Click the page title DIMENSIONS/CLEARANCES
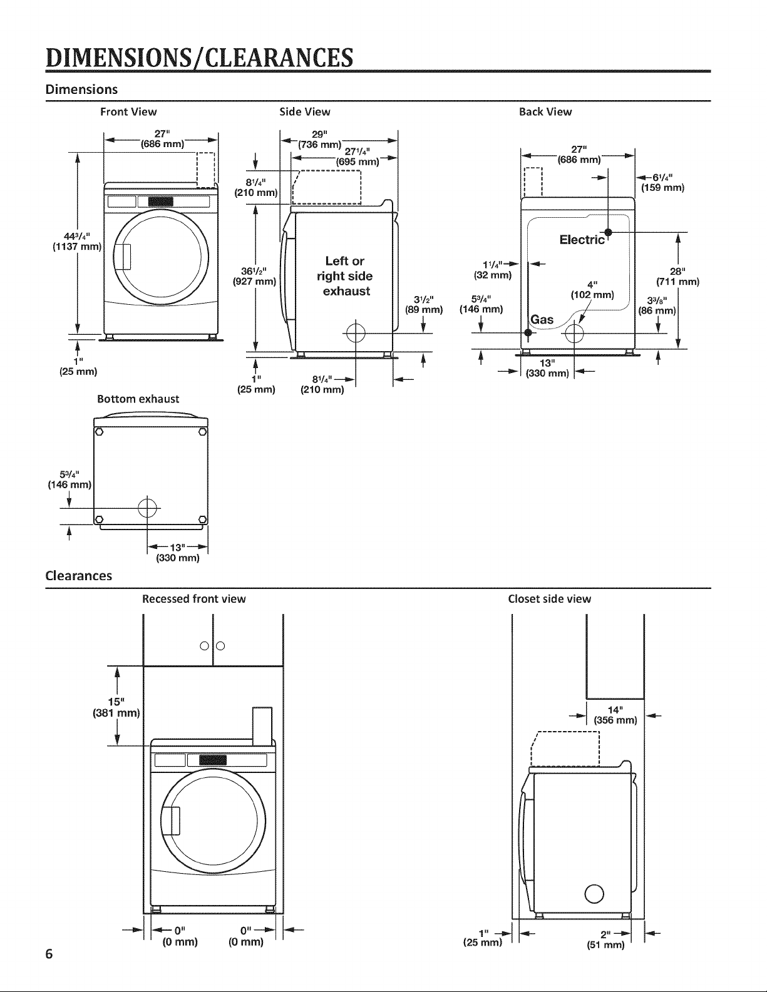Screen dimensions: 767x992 pyautogui.click(x=200, y=58)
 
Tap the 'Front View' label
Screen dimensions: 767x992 pyautogui.click(x=128, y=112)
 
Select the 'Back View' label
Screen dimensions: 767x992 pyautogui.click(x=545, y=112)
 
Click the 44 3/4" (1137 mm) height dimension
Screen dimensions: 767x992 pyautogui.click(x=76, y=242)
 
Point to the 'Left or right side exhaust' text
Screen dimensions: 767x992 pyautogui.click(x=345, y=276)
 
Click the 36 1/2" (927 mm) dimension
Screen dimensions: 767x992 pyautogui.click(x=254, y=276)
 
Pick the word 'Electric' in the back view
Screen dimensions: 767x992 pyautogui.click(x=582, y=240)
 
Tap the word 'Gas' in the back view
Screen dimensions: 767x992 pyautogui.click(x=542, y=320)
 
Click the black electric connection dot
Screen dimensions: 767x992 pyautogui.click(x=608, y=232)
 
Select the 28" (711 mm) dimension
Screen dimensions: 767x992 pyautogui.click(x=677, y=277)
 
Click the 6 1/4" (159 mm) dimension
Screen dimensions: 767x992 pyautogui.click(x=662, y=182)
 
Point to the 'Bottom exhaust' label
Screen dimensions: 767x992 pyautogui.click(x=138, y=399)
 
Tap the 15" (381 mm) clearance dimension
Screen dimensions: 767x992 pyautogui.click(x=116, y=707)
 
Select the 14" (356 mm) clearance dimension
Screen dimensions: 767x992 pyautogui.click(x=615, y=715)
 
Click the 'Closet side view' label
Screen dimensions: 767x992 pyautogui.click(x=549, y=599)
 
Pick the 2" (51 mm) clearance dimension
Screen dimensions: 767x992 pyautogui.click(x=605, y=939)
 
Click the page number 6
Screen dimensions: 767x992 pyautogui.click(x=49, y=954)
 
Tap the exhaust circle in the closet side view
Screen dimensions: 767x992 pyautogui.click(x=594, y=894)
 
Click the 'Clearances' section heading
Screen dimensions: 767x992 pyautogui.click(x=78, y=575)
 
